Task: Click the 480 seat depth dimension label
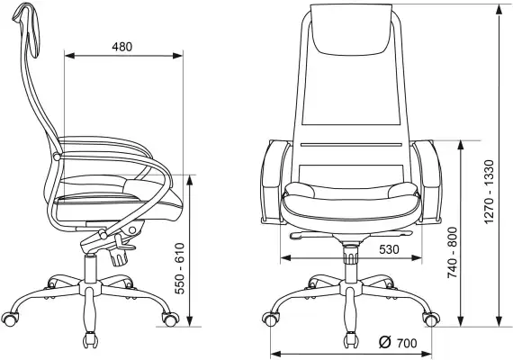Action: [122, 47]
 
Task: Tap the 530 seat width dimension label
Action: [389, 249]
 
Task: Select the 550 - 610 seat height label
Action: [180, 268]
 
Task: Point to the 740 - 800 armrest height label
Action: [453, 253]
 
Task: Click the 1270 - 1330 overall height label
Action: [489, 192]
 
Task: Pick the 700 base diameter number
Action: [407, 343]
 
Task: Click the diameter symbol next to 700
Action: [385, 342]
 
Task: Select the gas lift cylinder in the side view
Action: [90, 268]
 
